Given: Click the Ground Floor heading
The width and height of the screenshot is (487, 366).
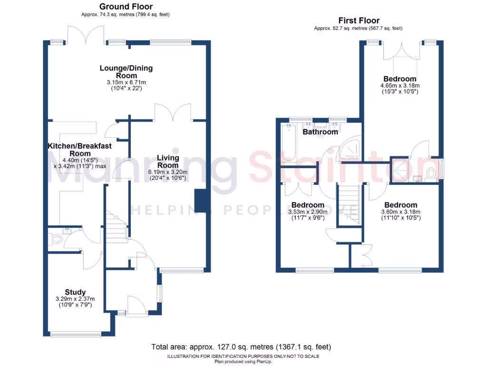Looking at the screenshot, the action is (126, 7).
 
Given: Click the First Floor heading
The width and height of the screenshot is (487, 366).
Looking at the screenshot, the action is (359, 20).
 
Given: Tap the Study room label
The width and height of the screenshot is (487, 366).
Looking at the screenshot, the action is (75, 292).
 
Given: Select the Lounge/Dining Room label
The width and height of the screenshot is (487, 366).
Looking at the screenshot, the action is (126, 72).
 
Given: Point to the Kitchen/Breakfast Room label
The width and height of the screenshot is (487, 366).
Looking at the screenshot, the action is (79, 150).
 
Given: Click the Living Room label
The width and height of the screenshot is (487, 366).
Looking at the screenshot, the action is (168, 162).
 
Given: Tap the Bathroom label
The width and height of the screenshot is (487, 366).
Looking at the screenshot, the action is (320, 132).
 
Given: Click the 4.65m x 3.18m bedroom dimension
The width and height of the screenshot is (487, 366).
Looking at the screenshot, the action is (400, 86).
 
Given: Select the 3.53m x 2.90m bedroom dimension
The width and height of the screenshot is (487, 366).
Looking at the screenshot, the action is (308, 212).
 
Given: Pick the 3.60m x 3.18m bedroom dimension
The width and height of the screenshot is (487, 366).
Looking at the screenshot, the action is (400, 212).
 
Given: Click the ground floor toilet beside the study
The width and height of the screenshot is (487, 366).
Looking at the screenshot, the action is (57, 239).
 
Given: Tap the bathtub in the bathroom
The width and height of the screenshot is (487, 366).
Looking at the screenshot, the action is (289, 143).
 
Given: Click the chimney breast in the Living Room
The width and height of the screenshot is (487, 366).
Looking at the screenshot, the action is (201, 201).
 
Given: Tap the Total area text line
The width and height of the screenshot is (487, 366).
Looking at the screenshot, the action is (241, 347).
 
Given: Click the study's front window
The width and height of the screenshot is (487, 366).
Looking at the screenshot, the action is (76, 335).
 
